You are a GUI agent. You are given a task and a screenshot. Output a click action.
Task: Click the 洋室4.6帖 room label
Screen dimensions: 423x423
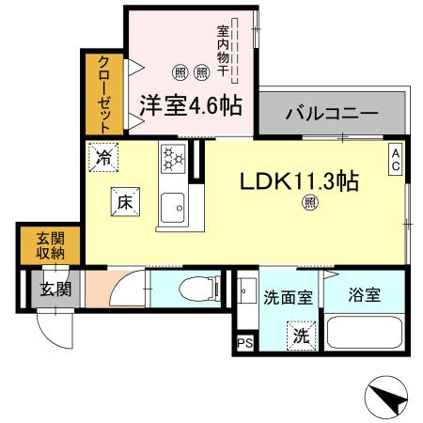point(192,103)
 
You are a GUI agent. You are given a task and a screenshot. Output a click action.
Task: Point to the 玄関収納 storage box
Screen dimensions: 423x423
point(38,244)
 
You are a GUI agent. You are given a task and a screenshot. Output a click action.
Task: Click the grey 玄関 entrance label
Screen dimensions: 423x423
point(50,289)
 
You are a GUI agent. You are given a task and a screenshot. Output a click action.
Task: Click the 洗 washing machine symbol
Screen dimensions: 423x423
point(301,332)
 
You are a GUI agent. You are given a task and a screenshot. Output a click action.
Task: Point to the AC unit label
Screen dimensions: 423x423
point(397,157)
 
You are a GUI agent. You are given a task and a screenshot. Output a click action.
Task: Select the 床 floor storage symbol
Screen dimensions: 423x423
point(123,199)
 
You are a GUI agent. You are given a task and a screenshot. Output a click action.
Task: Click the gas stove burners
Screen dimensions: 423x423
point(174,158)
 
